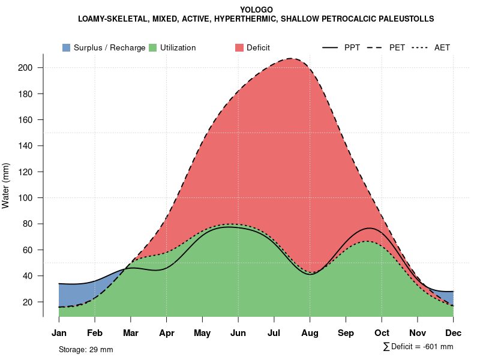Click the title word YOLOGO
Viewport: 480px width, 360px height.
click(x=256, y=10)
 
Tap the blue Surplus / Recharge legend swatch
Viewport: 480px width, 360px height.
click(x=66, y=47)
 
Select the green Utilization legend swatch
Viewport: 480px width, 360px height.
click(x=152, y=47)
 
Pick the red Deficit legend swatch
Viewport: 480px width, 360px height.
click(x=239, y=47)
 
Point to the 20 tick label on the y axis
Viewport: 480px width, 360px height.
click(x=28, y=302)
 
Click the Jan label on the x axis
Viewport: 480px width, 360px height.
click(x=59, y=333)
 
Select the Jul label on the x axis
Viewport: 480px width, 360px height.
click(x=274, y=333)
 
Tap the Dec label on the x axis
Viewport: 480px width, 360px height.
click(x=454, y=333)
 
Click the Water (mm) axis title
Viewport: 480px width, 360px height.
click(x=6, y=185)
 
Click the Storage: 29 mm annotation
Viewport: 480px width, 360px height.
click(x=86, y=349)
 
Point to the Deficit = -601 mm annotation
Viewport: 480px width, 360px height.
click(x=418, y=347)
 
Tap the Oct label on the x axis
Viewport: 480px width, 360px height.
click(x=382, y=333)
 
